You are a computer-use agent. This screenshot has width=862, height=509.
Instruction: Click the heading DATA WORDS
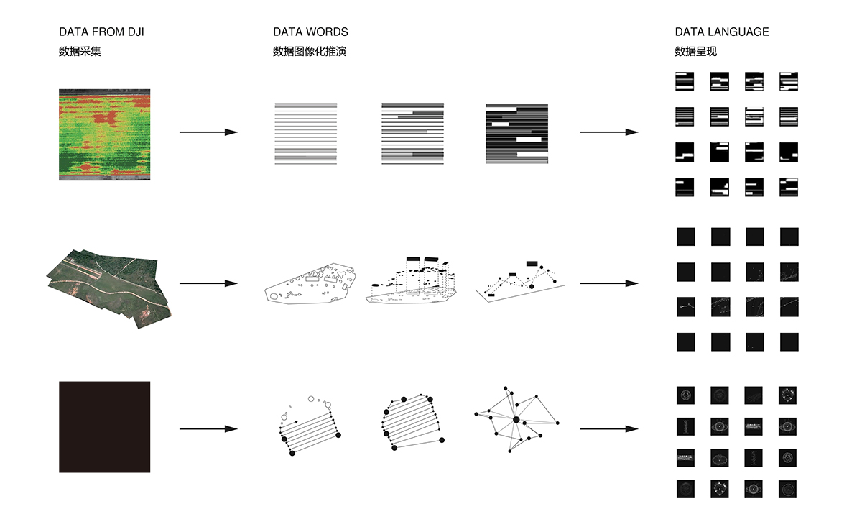310,32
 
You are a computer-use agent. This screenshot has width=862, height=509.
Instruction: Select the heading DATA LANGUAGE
721,32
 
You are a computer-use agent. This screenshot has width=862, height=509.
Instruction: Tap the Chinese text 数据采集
80,52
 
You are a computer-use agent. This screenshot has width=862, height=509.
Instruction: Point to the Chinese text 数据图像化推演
310,52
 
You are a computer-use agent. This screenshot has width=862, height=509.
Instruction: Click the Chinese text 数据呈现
695,52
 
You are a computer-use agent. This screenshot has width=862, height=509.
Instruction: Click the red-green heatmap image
105,134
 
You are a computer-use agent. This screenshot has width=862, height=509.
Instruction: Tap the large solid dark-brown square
105,427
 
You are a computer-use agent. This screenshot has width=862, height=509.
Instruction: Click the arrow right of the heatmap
208,132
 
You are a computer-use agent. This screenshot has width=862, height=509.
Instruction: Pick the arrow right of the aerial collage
208,283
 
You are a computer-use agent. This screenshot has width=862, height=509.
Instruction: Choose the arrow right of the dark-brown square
208,429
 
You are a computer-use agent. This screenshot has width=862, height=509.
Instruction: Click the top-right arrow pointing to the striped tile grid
608,132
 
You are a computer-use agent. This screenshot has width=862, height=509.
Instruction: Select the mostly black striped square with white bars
516,134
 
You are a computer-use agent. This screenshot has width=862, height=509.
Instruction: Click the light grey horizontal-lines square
305,134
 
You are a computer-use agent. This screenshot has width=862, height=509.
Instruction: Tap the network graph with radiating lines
515,419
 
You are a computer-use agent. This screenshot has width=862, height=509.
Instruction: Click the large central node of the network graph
515,419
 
